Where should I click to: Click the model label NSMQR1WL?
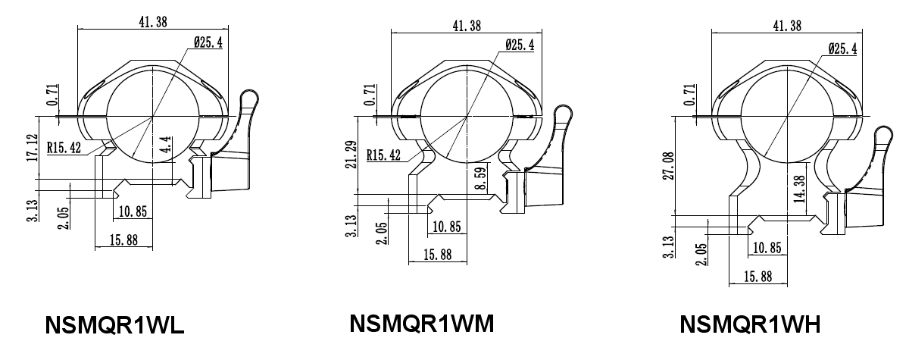click(x=114, y=325)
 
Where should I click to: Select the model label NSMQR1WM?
click(x=421, y=324)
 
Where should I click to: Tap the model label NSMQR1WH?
click(x=751, y=324)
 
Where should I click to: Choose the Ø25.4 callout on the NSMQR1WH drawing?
click(x=842, y=49)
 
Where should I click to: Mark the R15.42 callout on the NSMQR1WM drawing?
click(x=385, y=156)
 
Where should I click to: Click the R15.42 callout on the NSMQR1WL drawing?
click(x=65, y=148)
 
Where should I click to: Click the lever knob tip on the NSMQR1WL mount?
click(x=248, y=98)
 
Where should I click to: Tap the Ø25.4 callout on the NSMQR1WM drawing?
click(x=519, y=45)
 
